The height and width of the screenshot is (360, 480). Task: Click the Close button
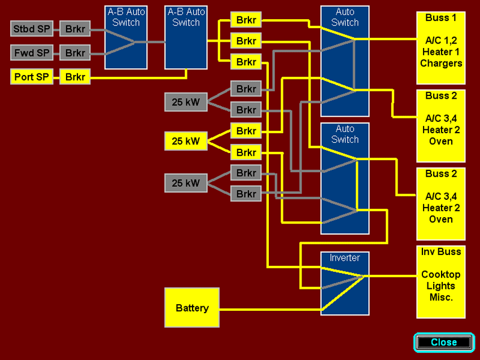[444, 342]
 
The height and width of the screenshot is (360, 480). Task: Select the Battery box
[192, 308]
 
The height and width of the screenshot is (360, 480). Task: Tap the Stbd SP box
[32, 28]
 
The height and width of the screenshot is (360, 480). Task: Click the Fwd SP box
[32, 53]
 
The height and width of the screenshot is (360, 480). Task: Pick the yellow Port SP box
[32, 77]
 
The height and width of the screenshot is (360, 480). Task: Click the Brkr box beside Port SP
[75, 77]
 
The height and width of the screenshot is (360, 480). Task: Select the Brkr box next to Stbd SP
[75, 28]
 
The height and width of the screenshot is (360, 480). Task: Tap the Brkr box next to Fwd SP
[75, 53]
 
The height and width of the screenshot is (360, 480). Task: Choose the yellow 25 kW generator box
[186, 141]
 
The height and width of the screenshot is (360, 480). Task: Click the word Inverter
[344, 258]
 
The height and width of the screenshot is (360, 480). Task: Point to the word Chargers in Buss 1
[441, 63]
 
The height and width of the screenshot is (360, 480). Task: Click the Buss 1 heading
[441, 18]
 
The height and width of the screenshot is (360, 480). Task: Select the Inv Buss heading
[441, 252]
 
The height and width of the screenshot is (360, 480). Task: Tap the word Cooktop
[441, 275]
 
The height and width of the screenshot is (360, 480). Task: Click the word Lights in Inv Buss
[441, 286]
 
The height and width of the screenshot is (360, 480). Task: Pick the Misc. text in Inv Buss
[441, 297]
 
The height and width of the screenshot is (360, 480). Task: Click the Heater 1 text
[441, 52]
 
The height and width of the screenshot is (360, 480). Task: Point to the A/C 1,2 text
[441, 41]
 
